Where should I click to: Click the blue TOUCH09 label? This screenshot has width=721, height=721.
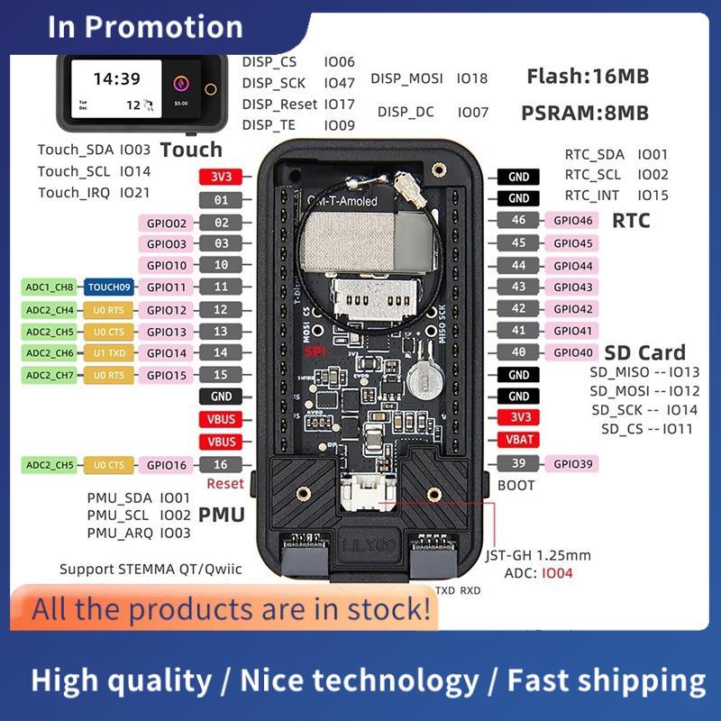point(108,287)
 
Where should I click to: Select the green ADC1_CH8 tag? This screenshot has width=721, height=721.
point(50,287)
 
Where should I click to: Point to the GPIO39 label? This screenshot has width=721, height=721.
point(573,463)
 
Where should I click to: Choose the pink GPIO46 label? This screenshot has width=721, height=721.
point(573,221)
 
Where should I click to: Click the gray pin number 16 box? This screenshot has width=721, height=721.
point(221,464)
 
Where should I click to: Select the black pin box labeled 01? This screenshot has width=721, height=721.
point(221,200)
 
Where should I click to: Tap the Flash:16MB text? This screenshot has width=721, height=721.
point(587,78)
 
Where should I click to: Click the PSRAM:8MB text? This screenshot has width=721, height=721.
point(585,114)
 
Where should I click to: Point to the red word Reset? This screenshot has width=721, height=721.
point(225,484)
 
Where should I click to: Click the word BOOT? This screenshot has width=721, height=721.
point(516,485)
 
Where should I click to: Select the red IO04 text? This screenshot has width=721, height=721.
point(556,572)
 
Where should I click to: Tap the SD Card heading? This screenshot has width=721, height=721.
point(644,353)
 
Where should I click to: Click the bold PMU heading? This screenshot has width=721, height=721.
point(221,516)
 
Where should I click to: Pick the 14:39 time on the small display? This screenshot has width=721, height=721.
point(116,79)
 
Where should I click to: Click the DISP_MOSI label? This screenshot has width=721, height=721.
point(406,78)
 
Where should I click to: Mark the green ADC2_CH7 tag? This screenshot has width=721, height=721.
point(50,375)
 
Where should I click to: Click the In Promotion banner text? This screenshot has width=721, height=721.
point(145,26)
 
